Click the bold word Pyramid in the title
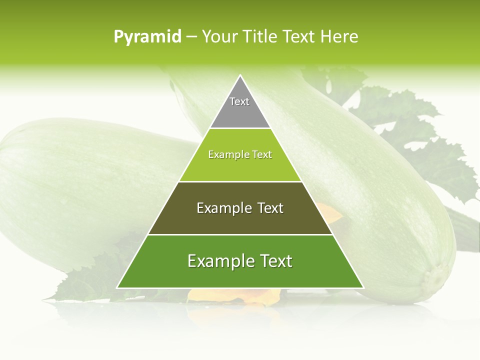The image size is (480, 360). point(147,37)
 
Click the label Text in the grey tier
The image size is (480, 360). point(239,101)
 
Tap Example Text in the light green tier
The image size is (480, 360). point(240,154)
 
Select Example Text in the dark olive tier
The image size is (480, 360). point(240,208)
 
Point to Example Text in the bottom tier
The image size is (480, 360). point(240,261)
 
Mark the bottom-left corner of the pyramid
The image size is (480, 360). point(117,287)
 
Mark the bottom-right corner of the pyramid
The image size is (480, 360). point(363,287)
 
